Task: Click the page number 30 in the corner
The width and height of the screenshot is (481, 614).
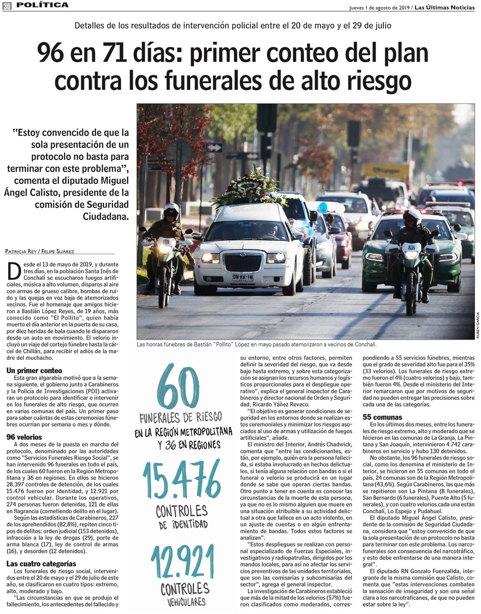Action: pyautogui.click(x=7, y=5)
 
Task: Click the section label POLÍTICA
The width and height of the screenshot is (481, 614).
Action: pyautogui.click(x=43, y=5)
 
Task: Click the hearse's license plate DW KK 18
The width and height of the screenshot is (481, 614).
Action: pyautogui.click(x=243, y=277)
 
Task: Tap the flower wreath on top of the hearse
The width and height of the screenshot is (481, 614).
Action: pyautogui.click(x=250, y=189)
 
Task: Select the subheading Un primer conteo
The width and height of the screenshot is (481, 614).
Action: pyautogui.click(x=34, y=371)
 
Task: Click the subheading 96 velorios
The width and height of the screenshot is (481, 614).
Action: pyautogui.click(x=24, y=437)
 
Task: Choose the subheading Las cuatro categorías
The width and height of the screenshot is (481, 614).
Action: pyautogui.click(x=41, y=563)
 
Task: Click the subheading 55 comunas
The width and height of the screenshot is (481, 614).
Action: pyautogui.click(x=382, y=417)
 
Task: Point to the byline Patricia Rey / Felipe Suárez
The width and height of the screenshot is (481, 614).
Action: pyautogui.click(x=39, y=251)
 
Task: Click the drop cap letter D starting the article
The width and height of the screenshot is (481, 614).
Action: pyautogui.click(x=14, y=271)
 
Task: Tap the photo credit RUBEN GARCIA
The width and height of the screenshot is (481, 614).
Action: pyautogui.click(x=478, y=325)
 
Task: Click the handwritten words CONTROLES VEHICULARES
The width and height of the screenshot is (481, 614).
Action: pyautogui.click(x=184, y=594)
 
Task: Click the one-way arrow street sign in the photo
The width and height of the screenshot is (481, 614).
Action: pyautogui.click(x=214, y=147)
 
